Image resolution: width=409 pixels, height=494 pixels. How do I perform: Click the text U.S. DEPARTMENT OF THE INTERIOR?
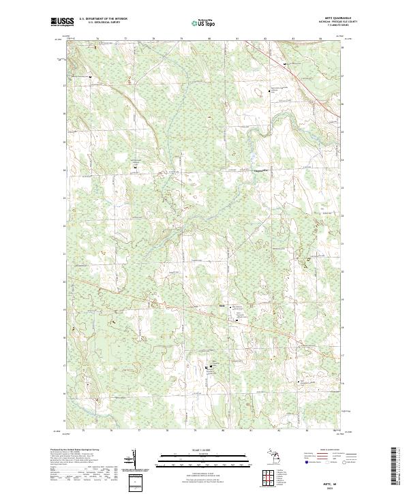click(103, 19)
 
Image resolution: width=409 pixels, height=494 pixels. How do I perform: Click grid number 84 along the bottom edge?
click(320, 431)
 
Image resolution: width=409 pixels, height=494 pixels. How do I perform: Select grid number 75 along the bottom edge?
click(82, 431)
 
